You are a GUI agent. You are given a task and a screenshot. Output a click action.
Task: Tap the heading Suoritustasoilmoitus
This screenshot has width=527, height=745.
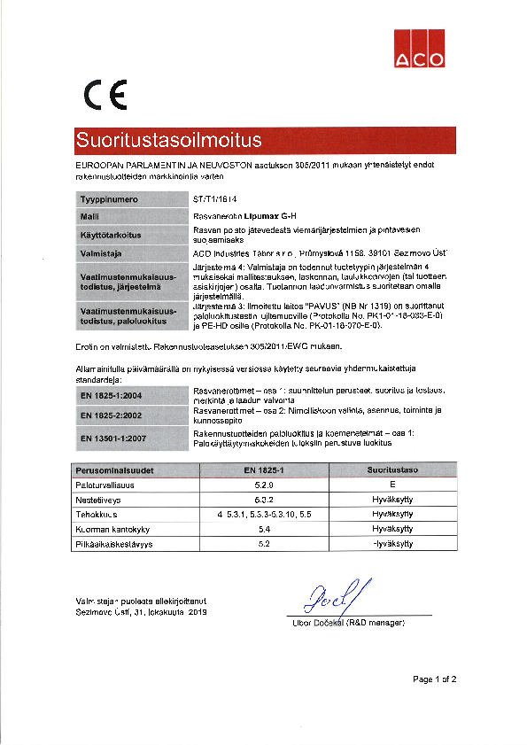169,140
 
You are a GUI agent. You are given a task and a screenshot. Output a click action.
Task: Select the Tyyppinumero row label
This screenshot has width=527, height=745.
109,199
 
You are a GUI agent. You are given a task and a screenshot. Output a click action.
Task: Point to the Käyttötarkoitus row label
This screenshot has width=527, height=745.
112,235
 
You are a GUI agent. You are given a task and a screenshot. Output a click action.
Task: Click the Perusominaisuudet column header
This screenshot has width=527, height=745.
112,471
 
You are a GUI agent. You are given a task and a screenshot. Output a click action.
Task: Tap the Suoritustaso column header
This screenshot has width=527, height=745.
392,471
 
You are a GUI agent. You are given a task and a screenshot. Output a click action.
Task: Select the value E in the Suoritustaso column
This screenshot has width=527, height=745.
391,485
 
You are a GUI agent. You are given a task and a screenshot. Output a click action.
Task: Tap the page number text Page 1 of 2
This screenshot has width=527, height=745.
434,679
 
